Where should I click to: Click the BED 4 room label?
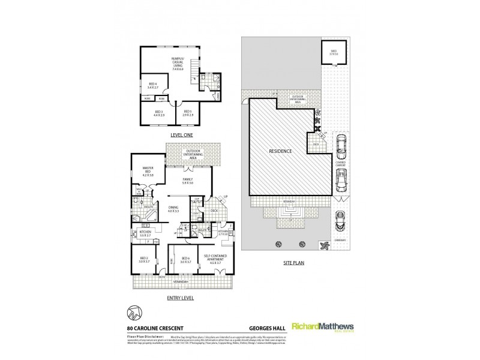click(153, 85)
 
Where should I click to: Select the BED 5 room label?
click(188, 112)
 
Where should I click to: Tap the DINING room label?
click(174, 209)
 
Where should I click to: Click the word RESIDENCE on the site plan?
click(280, 151)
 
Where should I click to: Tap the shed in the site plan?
click(331, 53)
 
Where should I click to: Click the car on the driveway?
click(340, 222)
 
